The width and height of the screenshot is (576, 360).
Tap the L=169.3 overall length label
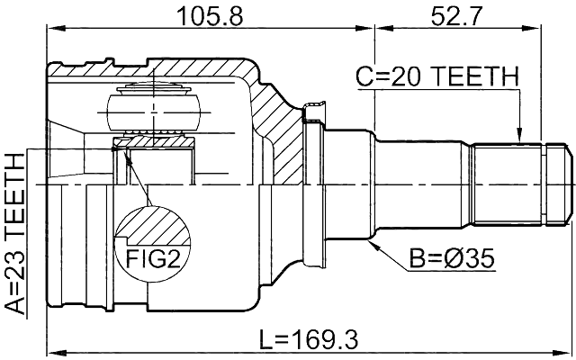click(309, 339)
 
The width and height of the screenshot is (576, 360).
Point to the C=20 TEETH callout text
click(436, 78)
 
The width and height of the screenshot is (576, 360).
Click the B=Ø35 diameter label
click(453, 261)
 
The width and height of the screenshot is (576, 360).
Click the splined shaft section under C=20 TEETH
click(508, 184)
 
